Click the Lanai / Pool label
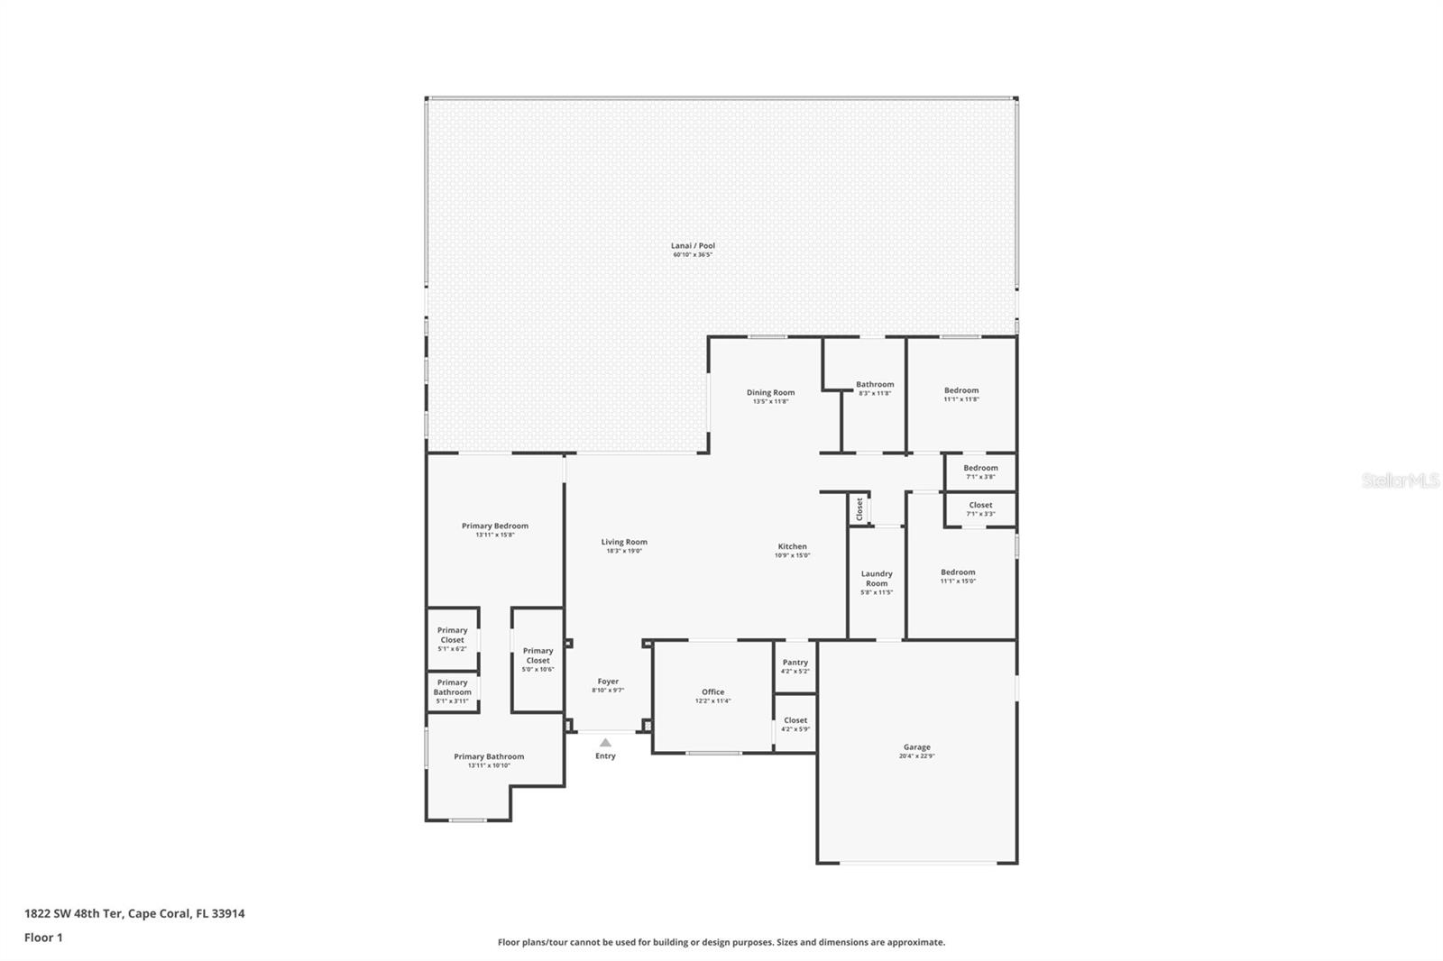click(693, 245)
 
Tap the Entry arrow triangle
click(605, 743)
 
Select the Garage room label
click(916, 746)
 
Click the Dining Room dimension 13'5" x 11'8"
click(770, 401)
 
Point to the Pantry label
click(795, 663)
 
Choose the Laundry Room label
click(877, 578)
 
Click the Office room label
click(712, 691)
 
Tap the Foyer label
click(608, 682)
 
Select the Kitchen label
click(792, 546)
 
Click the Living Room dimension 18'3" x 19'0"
click(624, 551)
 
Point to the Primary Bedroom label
click(494, 526)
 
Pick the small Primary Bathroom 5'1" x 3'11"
click(452, 691)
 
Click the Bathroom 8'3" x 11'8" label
click(875, 384)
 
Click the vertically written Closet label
click(859, 508)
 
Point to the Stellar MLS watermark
click(1400, 481)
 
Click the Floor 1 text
click(43, 938)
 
